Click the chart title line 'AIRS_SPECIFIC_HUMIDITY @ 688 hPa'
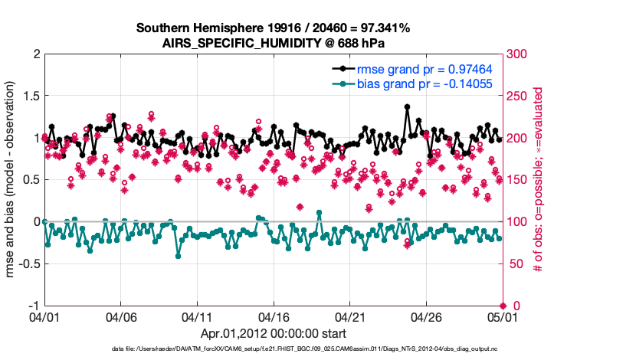[x=273, y=43]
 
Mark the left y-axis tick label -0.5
[x=28, y=263]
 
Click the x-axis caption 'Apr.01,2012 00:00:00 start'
[x=273, y=333]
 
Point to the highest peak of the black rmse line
[x=407, y=107]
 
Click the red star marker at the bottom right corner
[x=502, y=306]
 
